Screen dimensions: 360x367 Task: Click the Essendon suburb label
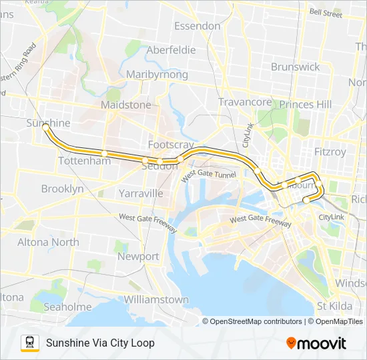click(x=197, y=26)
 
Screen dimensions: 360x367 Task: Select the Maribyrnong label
click(x=157, y=74)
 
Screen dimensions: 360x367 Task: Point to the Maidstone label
click(x=125, y=105)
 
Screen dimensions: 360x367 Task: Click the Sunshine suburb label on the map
click(x=48, y=123)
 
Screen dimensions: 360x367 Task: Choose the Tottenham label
click(x=84, y=161)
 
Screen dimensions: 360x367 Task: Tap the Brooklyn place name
click(x=62, y=189)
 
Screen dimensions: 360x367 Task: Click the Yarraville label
click(x=140, y=193)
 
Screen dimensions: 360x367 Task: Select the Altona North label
click(x=47, y=242)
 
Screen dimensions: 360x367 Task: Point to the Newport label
click(x=138, y=256)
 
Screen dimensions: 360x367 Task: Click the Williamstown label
click(x=156, y=299)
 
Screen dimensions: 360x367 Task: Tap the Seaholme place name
click(x=67, y=307)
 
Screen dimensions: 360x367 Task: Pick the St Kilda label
click(x=334, y=306)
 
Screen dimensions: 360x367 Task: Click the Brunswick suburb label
click(x=295, y=67)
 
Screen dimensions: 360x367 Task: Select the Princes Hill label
click(x=305, y=104)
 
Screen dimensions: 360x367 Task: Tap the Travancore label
click(x=245, y=102)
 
